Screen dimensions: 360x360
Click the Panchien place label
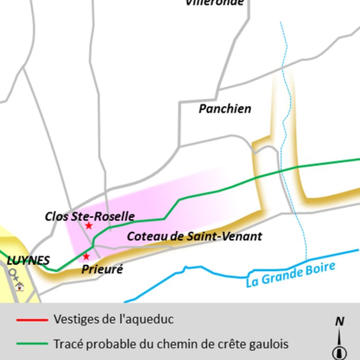225,109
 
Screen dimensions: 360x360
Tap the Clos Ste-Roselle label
89,216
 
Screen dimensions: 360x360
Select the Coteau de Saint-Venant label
194,237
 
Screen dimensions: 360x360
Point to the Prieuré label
102,269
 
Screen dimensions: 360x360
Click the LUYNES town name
28,261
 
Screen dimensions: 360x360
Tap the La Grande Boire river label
291,275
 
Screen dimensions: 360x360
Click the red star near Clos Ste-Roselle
88,226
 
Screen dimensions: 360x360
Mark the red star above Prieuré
86,256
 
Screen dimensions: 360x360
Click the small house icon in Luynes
20,286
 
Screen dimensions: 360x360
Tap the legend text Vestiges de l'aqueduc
113,319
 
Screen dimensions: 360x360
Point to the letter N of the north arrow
339,321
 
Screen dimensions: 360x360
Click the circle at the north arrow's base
339,353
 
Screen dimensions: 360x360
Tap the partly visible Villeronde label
214,3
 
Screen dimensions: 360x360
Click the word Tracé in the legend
67,344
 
